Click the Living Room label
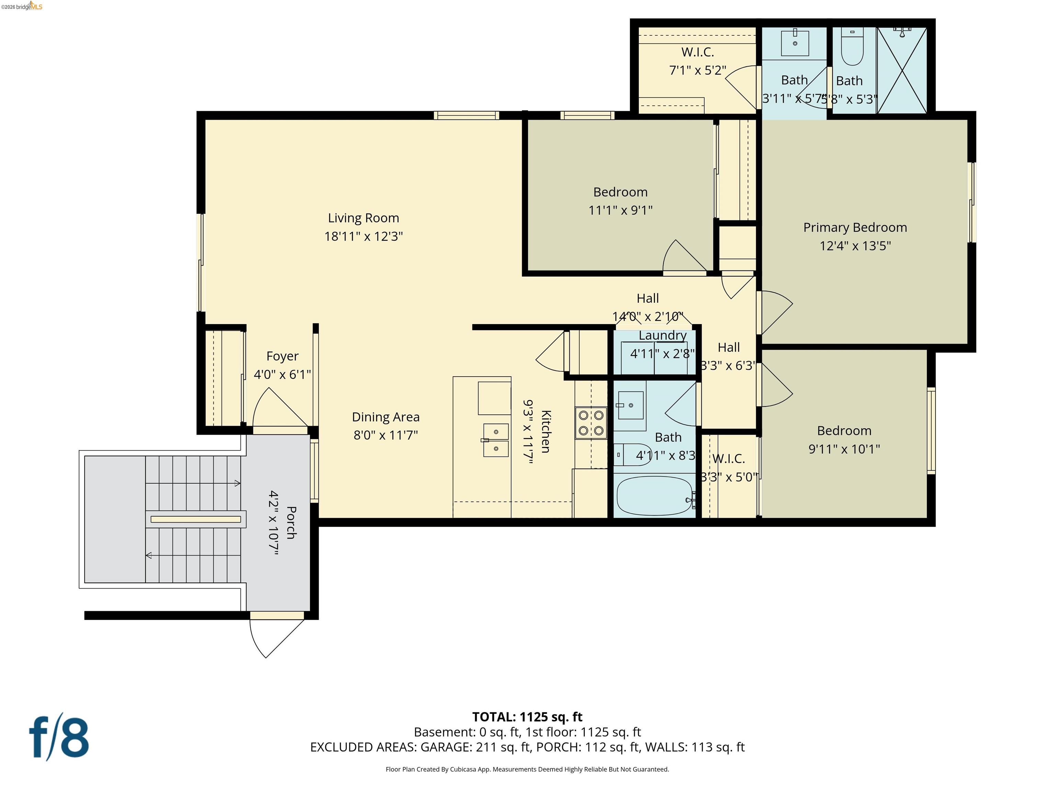363,218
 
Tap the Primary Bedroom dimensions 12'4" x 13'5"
855,245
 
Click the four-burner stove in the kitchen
591,422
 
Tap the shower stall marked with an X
901,71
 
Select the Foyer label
282,356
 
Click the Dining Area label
385,417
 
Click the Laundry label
662,335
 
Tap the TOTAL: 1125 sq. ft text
527,717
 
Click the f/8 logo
59,737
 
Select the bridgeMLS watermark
22,6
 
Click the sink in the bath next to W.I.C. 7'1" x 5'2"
795,43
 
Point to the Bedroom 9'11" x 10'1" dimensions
844,449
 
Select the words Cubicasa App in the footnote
470,769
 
